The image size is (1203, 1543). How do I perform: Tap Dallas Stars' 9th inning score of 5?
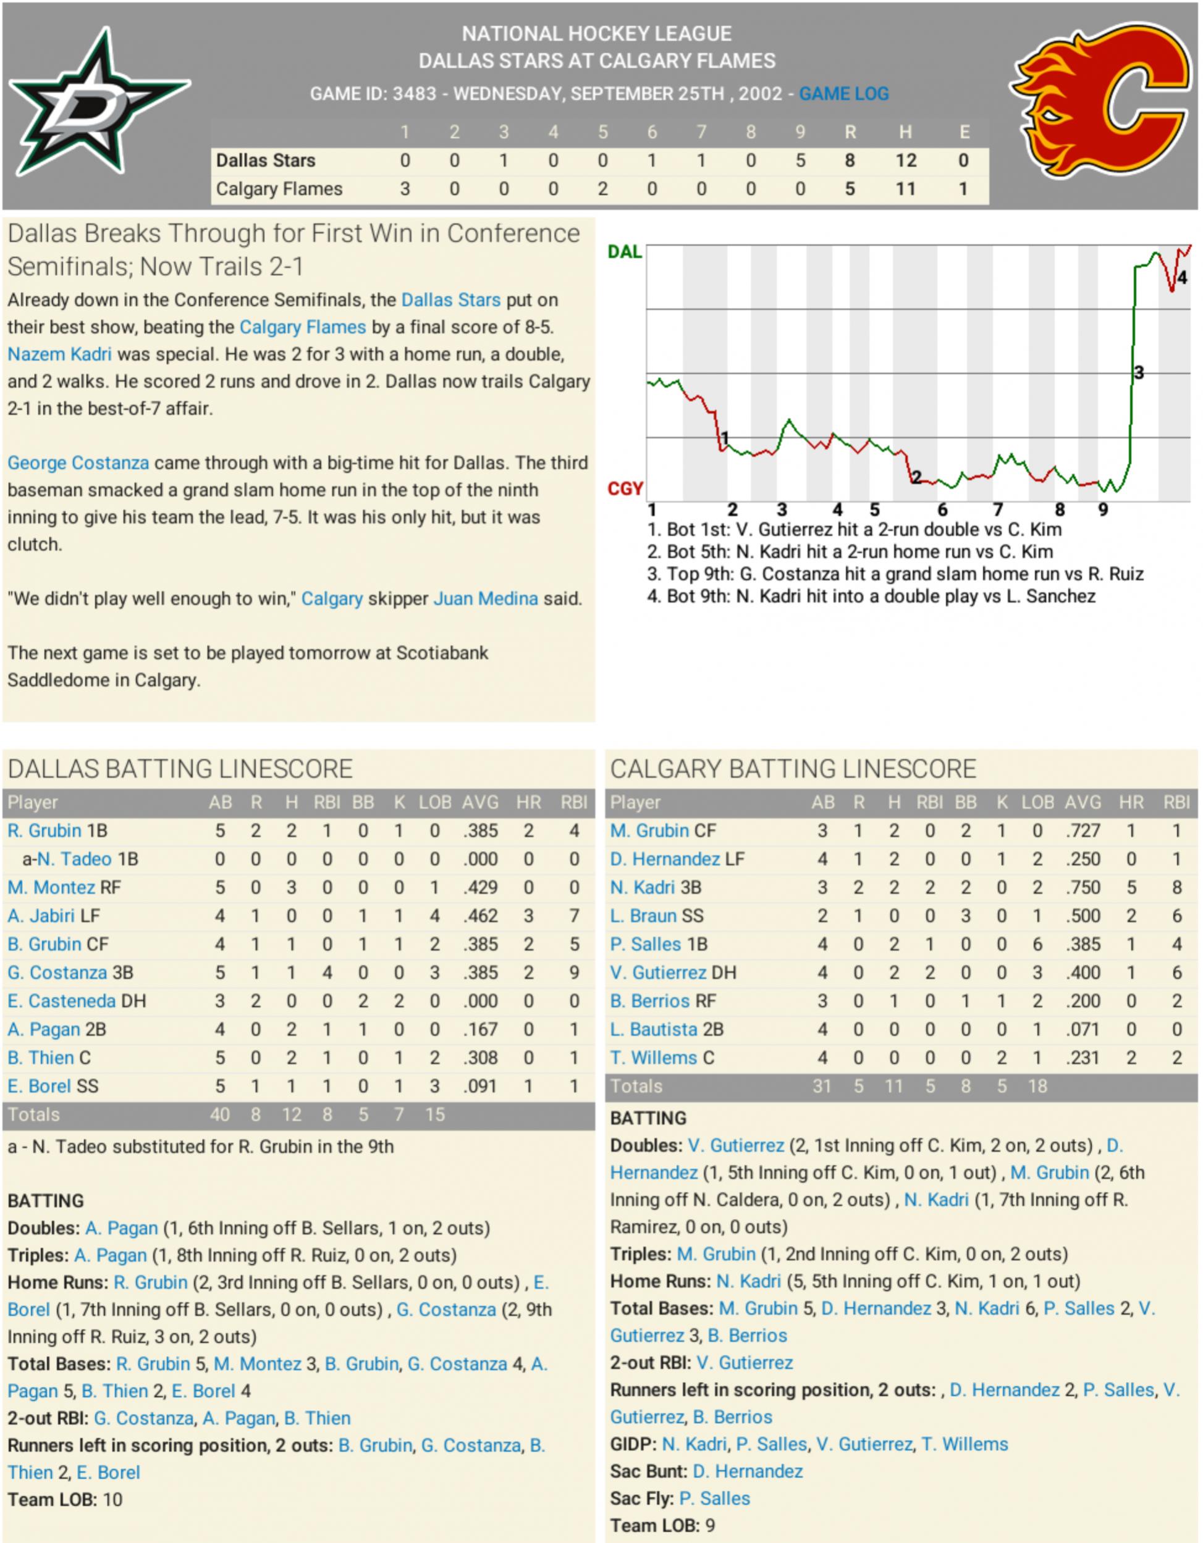(800, 161)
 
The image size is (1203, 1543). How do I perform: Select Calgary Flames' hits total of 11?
(905, 190)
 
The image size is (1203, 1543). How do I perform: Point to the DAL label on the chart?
(625, 252)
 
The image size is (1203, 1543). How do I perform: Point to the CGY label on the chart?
(625, 489)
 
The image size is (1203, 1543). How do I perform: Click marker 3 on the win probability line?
(1139, 373)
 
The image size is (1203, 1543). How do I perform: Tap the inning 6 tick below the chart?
(942, 509)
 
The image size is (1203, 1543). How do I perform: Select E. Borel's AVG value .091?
(481, 1086)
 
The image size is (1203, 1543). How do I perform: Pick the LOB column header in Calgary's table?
(1037, 803)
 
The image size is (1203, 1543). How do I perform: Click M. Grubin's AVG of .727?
(1083, 831)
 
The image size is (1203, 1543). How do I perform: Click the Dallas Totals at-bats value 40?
(220, 1115)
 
